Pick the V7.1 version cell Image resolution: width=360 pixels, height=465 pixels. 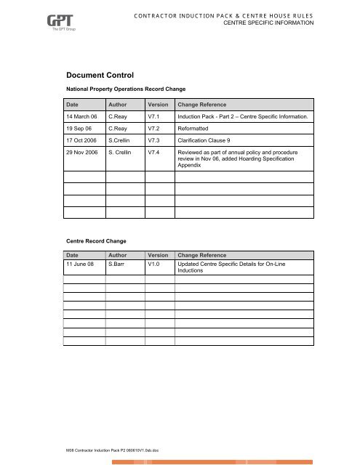(155, 116)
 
